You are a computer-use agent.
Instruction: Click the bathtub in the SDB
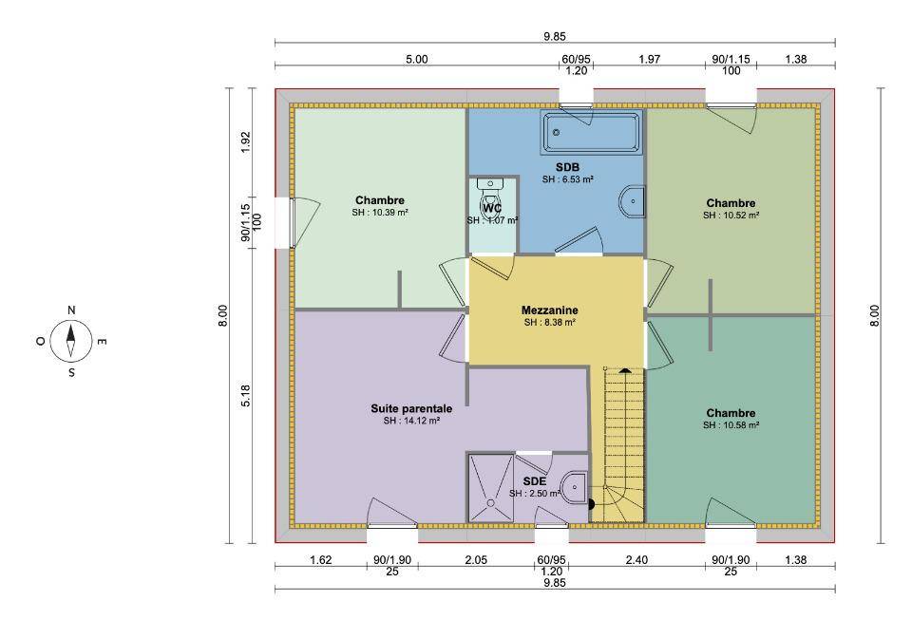point(592,132)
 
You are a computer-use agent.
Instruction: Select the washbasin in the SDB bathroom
point(633,201)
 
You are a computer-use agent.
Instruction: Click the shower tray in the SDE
point(491,488)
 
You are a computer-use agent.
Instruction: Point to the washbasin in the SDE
point(576,487)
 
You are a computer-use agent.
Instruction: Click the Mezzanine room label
point(550,310)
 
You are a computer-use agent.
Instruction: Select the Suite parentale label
point(411,408)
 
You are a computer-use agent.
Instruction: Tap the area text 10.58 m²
point(741,425)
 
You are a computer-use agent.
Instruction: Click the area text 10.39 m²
point(390,213)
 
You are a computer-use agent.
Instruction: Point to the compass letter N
point(71,310)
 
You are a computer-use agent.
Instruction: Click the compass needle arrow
point(71,341)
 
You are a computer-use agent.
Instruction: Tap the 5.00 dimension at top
point(416,59)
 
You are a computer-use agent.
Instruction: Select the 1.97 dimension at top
point(649,59)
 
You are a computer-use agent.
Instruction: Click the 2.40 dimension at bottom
point(636,560)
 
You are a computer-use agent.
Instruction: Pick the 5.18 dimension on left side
point(245,396)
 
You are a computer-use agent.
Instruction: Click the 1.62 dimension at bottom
point(320,560)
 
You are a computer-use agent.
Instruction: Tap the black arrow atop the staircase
point(625,369)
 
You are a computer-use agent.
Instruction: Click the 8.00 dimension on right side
point(875,315)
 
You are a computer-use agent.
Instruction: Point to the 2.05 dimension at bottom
point(476,560)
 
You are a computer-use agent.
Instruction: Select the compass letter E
point(102,342)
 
